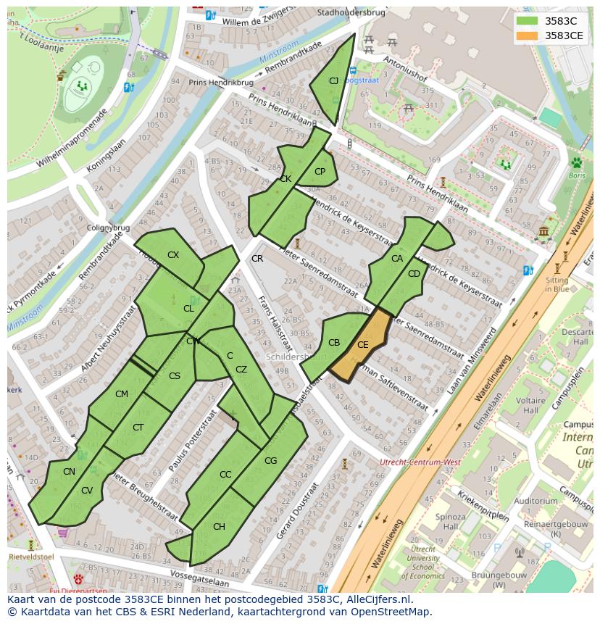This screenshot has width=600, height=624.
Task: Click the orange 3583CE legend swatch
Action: [528, 36]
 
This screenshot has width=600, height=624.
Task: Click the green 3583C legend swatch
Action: [528, 21]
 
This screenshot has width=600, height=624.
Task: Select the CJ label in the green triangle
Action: [333, 81]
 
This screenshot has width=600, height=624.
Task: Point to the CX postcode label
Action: [173, 255]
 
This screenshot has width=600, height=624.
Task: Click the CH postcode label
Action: [219, 527]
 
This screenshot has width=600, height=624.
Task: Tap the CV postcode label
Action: [87, 491]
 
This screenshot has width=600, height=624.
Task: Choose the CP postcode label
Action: [320, 172]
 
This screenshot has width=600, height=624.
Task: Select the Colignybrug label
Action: [108, 228]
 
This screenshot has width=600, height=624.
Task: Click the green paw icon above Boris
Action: [577, 163]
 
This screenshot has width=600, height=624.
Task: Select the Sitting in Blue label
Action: [557, 284]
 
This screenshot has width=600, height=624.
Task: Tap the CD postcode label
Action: [414, 274]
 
